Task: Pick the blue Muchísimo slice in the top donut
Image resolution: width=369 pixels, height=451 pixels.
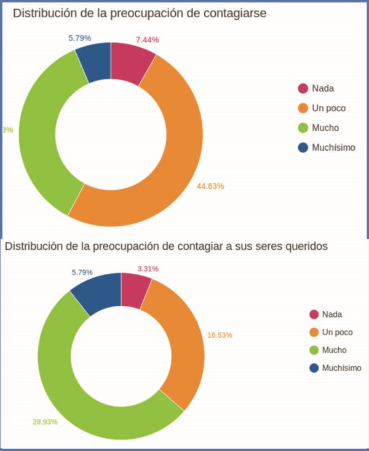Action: point(94,62)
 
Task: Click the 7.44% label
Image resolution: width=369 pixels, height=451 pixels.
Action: point(147,39)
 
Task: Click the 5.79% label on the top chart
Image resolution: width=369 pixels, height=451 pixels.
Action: point(79,38)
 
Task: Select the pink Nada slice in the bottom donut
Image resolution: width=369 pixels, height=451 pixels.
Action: point(134,290)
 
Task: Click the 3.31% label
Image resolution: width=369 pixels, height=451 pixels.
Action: point(147,269)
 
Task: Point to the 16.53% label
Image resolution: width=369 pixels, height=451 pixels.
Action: point(220,335)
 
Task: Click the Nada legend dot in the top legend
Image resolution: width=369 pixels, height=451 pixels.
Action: point(302,88)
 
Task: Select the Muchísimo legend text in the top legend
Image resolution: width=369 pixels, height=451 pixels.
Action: point(333,148)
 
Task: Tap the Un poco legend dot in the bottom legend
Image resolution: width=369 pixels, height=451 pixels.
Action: point(314,332)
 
